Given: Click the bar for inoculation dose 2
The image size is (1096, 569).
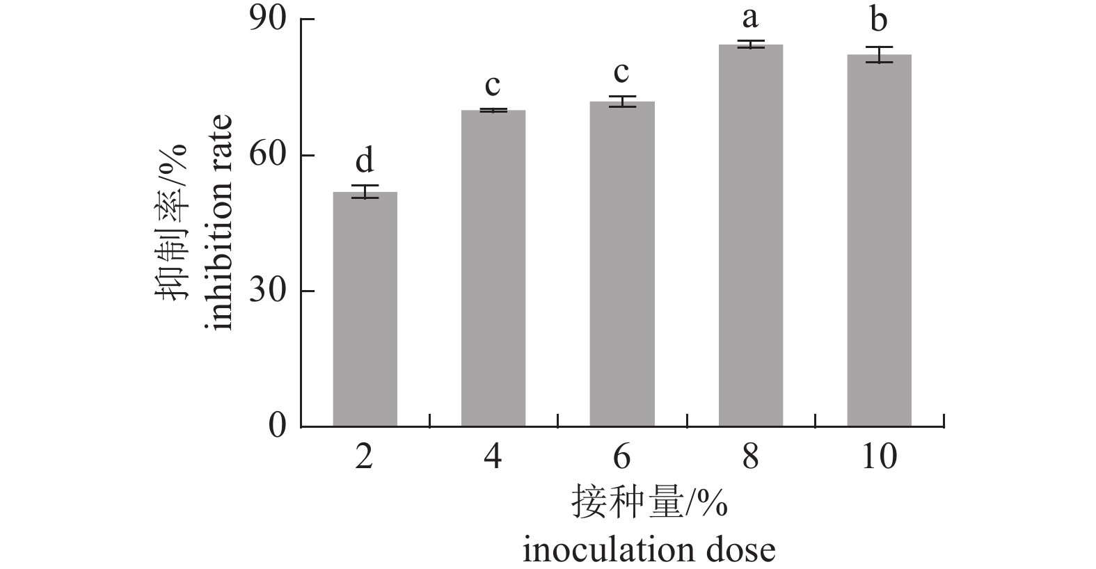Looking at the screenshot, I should [x=365, y=309].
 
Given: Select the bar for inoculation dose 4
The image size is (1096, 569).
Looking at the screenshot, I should [x=493, y=268].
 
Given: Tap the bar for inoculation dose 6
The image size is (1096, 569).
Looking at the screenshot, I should [x=621, y=264].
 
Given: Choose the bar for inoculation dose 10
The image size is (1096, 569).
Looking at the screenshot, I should [x=879, y=240].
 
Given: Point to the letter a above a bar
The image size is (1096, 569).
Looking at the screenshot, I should [x=750, y=17].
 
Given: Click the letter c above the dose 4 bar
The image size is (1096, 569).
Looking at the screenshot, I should [x=493, y=86].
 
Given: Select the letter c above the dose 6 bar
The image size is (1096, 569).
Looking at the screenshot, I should [x=621, y=72].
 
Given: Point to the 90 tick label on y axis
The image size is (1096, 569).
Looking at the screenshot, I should [x=269, y=19].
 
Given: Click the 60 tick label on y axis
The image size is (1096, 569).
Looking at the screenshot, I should [x=269, y=155].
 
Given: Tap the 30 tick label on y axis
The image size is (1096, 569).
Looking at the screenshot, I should [x=269, y=291].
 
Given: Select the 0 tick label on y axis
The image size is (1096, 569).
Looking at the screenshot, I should [x=278, y=426].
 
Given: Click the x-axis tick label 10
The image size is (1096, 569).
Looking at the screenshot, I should [x=879, y=458].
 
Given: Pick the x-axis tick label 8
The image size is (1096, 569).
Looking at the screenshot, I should [x=750, y=458].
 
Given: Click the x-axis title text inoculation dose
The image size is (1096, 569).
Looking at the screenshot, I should [x=649, y=550].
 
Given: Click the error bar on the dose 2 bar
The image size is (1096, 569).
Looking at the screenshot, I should [x=365, y=191].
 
